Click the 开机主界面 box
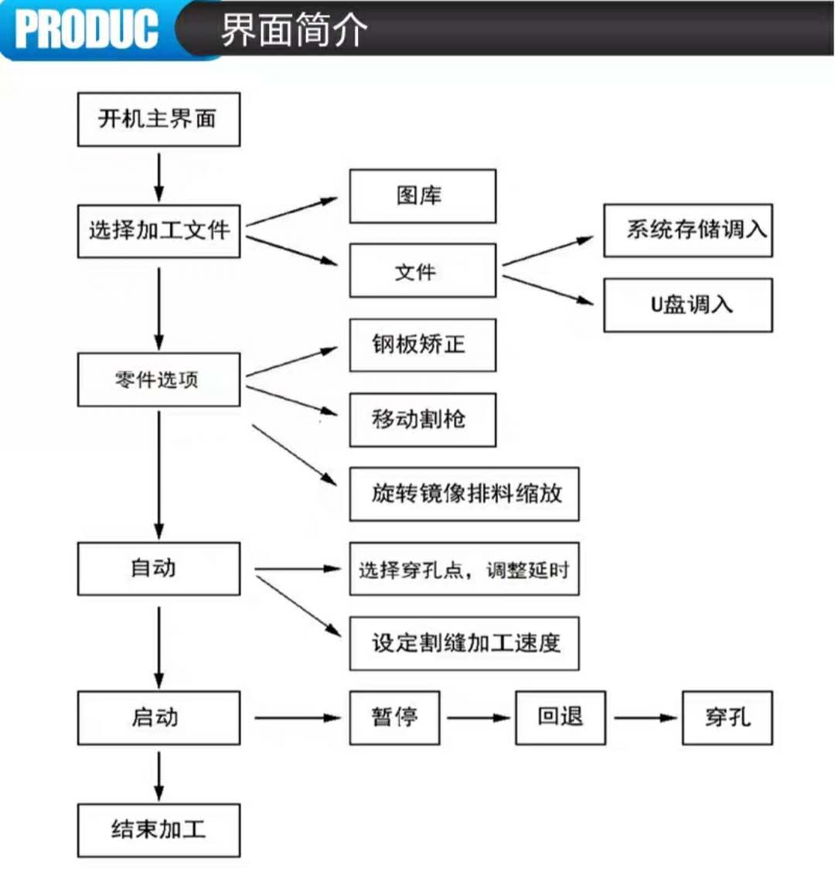click(159, 119)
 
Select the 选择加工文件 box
click(159, 231)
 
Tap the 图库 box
click(423, 196)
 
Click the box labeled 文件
click(423, 271)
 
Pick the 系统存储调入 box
click(688, 230)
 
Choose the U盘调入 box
click(688, 305)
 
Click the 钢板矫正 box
click(423, 345)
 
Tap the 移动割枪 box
click(423, 420)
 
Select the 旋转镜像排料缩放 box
click(464, 495)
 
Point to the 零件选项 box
click(159, 379)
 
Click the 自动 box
click(159, 568)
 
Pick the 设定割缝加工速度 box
click(464, 643)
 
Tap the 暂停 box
click(395, 718)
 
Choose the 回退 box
click(561, 718)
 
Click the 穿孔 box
click(728, 718)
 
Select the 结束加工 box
click(159, 830)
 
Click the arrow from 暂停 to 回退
click(479, 718)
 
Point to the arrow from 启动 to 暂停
click(298, 718)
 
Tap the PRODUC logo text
click(87, 29)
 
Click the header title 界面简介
click(295, 29)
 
